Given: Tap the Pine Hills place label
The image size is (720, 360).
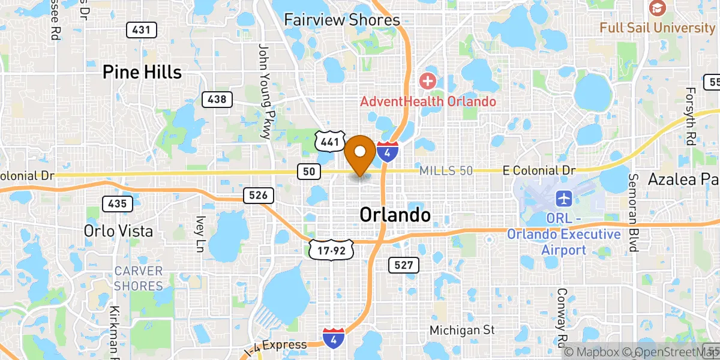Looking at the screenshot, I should click(x=142, y=73).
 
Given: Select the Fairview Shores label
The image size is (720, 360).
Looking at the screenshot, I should click(x=341, y=20).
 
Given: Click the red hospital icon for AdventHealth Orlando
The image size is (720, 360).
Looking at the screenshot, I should click(x=427, y=80).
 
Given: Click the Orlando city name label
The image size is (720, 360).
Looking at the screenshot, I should click(x=395, y=215).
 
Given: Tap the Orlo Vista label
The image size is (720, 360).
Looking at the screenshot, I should click(x=118, y=231).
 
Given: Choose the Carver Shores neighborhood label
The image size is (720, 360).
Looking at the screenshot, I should click(x=139, y=278).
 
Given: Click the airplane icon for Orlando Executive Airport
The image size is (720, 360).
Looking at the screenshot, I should click(x=564, y=197).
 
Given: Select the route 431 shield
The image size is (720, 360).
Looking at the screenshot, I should click(x=142, y=29).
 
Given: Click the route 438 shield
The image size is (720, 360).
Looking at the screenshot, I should click(x=217, y=99).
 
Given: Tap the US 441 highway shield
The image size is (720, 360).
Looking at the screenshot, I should click(x=328, y=142).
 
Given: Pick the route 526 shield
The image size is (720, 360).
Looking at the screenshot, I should click(x=259, y=195).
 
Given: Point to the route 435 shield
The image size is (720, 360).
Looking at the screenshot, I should click(x=118, y=204).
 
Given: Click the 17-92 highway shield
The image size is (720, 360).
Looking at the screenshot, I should click(x=330, y=250).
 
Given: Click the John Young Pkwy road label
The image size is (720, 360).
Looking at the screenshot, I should click(x=265, y=92).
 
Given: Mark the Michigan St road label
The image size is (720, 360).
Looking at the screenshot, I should click(x=462, y=330).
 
